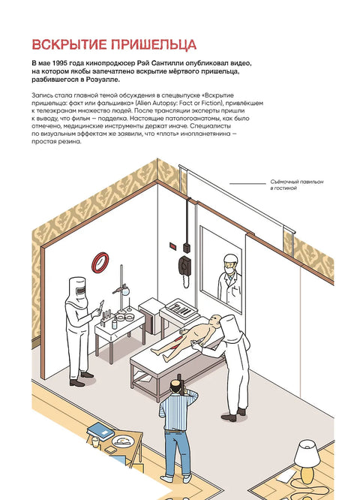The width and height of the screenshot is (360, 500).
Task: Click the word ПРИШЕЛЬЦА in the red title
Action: tap(154, 44)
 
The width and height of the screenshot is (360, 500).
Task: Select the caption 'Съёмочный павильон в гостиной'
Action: tap(297, 185)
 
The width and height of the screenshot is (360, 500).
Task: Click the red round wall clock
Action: tap(100, 263)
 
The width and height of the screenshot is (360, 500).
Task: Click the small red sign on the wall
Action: tap(173, 245)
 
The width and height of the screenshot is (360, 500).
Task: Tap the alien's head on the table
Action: tap(216, 320)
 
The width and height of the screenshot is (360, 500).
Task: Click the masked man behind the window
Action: tap(229, 280)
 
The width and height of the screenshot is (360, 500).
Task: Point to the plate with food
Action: tap(123, 441)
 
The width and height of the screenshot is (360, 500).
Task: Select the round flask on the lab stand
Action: tap(126, 291)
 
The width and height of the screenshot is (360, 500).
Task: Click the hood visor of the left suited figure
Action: tap(81, 291)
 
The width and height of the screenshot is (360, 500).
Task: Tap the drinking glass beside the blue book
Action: tap(95, 442)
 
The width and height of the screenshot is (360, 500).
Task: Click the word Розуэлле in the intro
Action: tap(103, 80)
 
